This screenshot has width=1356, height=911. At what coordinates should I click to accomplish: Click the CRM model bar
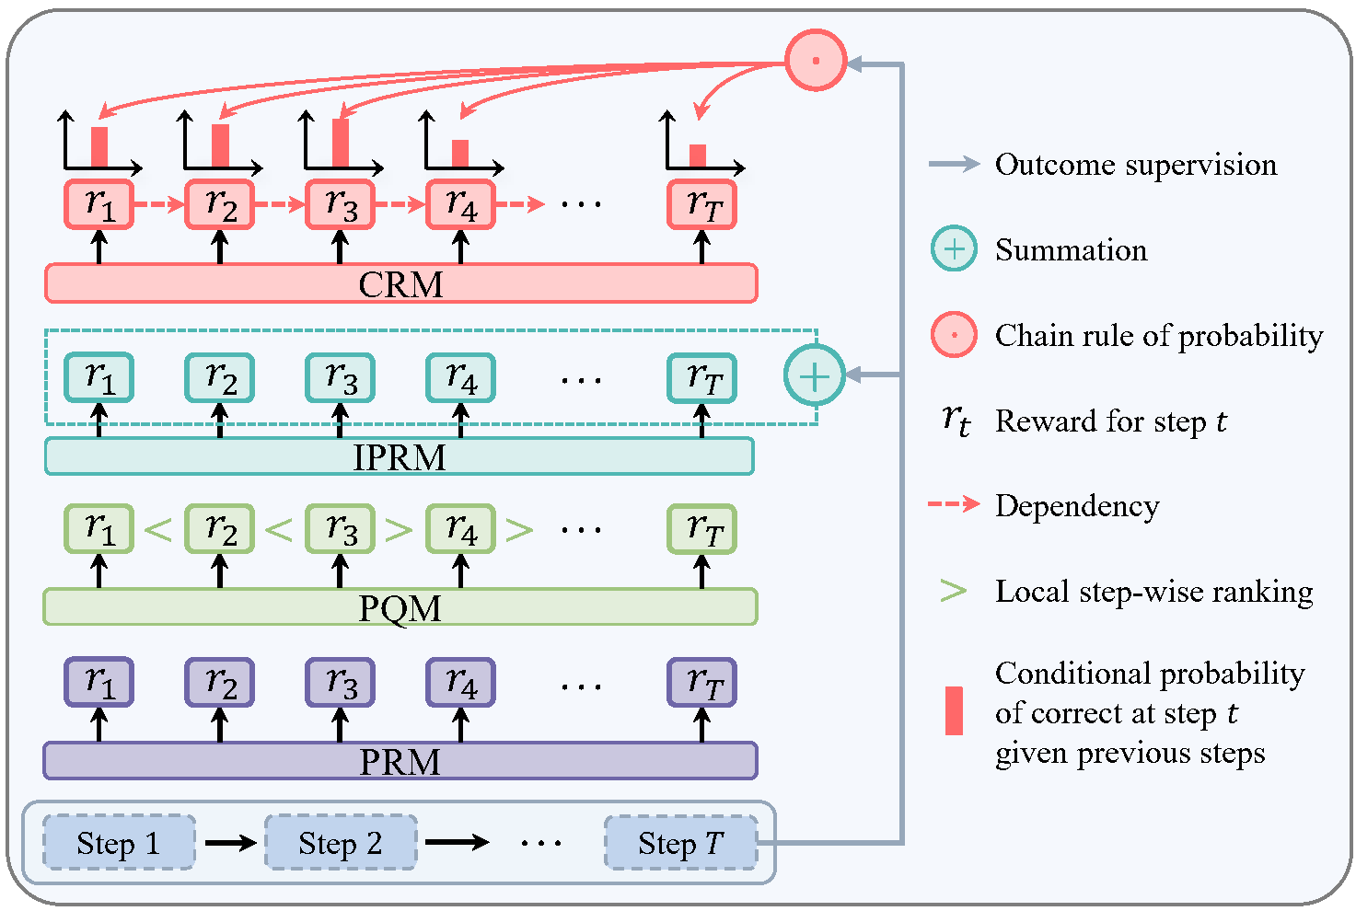click(400, 283)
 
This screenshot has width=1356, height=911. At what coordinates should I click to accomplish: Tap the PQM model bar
click(400, 607)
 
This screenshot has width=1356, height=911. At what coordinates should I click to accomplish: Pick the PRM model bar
click(400, 761)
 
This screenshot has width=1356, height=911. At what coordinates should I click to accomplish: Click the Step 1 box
click(119, 842)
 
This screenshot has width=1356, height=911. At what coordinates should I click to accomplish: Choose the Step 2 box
click(341, 842)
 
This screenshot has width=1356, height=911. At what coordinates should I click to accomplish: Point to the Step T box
click(680, 842)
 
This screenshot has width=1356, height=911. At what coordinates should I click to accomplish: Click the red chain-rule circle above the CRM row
click(815, 61)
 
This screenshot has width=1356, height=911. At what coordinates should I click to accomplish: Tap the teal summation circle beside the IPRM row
click(814, 375)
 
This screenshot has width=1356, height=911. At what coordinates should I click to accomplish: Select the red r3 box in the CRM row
click(341, 204)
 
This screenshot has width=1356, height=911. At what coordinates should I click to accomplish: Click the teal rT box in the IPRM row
click(701, 377)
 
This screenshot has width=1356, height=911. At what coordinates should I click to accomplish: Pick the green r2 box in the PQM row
click(220, 529)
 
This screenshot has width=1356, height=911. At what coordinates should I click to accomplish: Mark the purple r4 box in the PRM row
click(460, 682)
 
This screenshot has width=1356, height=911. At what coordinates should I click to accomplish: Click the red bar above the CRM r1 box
click(99, 147)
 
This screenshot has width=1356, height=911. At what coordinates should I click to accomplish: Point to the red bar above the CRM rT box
click(698, 156)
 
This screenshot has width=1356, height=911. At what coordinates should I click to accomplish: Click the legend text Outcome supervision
click(1135, 165)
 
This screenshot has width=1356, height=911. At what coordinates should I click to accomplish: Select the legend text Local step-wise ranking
click(1153, 591)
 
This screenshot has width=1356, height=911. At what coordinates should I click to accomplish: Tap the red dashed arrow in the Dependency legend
click(954, 504)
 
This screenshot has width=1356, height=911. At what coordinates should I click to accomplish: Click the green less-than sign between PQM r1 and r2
click(158, 529)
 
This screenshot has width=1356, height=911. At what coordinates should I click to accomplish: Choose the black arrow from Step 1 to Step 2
click(230, 842)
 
